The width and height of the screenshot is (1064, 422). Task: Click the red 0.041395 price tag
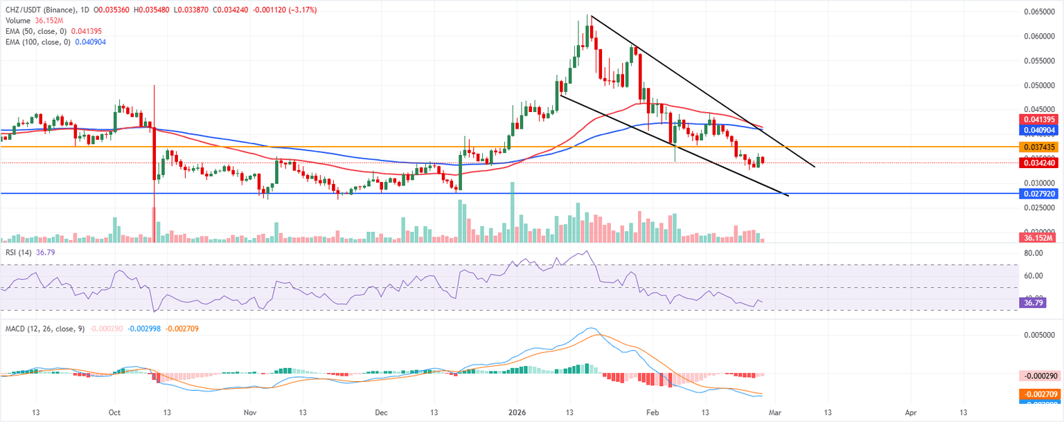point(1037,120)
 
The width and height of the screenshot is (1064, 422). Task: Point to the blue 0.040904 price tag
point(1037,129)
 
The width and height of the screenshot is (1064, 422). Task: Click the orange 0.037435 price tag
point(1037,147)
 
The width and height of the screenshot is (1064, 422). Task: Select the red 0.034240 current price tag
point(1037,163)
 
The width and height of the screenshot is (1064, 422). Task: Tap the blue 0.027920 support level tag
point(1037,194)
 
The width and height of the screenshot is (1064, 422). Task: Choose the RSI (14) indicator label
point(17,253)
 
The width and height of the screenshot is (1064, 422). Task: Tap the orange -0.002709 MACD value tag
point(1037,394)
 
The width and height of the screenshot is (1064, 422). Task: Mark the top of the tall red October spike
point(154,86)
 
